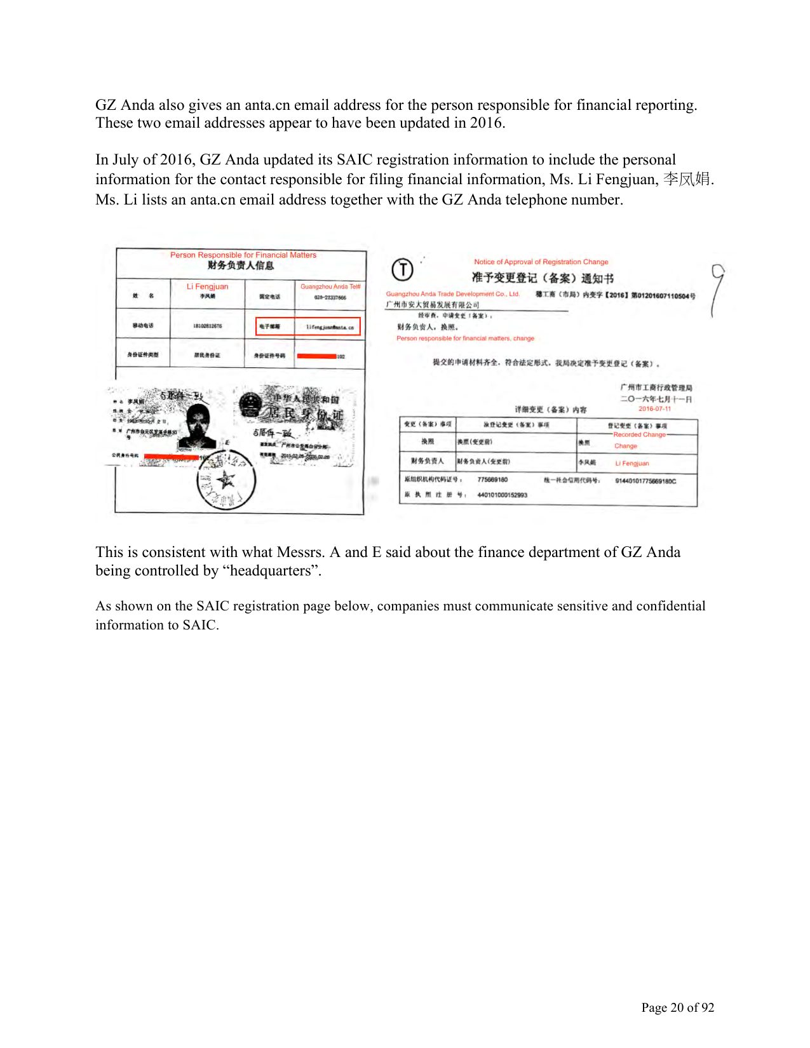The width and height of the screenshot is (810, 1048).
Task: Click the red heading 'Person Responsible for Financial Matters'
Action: pos(243,255)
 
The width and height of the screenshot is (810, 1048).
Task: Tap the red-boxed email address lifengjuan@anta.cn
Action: pos(330,327)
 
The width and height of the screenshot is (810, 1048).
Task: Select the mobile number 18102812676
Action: pos(207,326)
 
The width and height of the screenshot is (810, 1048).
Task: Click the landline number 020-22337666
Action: pos(330,297)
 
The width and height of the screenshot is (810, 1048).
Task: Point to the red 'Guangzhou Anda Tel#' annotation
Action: pos(330,286)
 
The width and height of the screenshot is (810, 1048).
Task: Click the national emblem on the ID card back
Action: pos(252,405)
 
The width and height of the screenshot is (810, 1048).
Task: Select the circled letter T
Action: pos(402,269)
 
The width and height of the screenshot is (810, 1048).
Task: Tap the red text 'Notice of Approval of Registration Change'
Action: pos(541,262)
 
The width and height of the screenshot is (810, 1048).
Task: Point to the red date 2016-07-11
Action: pos(654,409)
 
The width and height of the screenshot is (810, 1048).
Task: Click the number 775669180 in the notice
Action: pos(492,480)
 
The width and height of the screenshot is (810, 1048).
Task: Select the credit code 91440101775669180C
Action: pos(645,481)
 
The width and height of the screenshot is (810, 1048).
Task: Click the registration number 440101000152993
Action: pos(502,495)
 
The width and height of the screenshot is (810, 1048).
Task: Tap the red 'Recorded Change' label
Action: pos(639,435)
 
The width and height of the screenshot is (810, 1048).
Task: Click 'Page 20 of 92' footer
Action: pos(677,1007)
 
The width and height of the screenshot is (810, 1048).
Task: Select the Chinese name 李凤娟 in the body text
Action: pos(687,179)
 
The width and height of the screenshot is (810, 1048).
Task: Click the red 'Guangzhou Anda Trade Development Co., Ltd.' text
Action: pos(452,294)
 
